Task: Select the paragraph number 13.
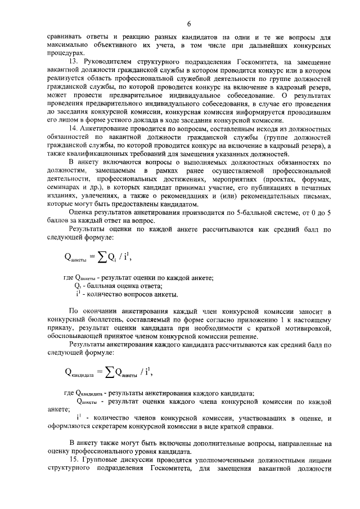point(73,60)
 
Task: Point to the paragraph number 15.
point(73,459)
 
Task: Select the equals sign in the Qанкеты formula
point(89,258)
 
